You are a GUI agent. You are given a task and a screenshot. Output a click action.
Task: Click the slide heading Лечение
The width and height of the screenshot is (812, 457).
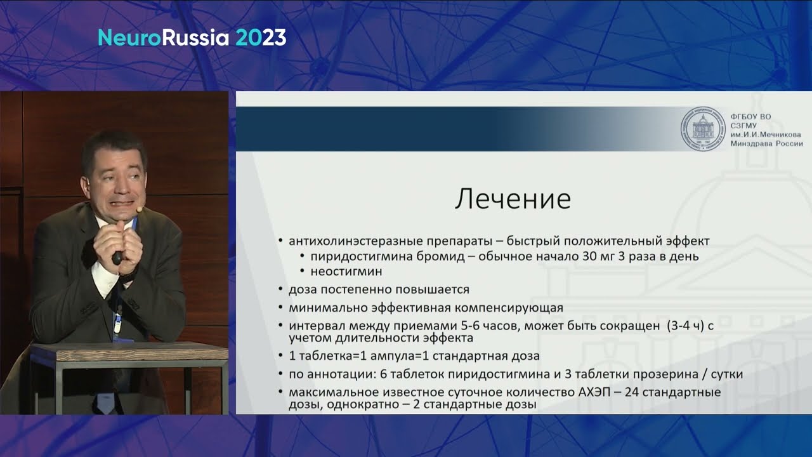coord(513,199)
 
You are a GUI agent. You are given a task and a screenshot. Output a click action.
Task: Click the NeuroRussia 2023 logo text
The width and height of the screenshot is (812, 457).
coord(192,38)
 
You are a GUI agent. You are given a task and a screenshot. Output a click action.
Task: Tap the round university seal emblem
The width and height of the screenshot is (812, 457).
coord(702,129)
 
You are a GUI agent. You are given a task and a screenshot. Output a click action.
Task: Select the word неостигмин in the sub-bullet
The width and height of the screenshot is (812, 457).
coord(346,271)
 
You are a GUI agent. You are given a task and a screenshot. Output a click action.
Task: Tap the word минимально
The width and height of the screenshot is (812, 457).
coord(323,308)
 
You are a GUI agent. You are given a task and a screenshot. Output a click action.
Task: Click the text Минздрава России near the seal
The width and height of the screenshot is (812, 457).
coord(766,143)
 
